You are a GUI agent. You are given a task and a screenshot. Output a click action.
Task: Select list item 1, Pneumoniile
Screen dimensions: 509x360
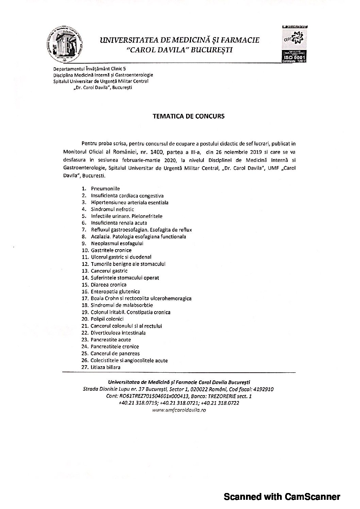pos(105,189)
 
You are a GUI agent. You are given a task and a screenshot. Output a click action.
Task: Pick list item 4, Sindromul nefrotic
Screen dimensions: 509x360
pos(112,209)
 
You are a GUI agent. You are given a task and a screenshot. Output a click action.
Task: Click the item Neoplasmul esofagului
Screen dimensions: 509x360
pos(117,243)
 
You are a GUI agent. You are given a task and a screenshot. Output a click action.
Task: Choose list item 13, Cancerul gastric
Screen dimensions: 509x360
pos(109,271)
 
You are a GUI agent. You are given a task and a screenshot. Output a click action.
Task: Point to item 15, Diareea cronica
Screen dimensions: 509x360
pos(109,285)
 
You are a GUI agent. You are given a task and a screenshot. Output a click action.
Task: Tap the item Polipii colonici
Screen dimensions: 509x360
pos(107,319)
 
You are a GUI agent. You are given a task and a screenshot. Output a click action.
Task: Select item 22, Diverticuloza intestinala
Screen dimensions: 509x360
pos(118,333)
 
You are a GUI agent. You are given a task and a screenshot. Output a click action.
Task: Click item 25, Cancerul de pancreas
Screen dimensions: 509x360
pos(115,354)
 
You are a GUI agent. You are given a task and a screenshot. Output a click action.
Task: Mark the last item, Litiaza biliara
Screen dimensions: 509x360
pos(105,367)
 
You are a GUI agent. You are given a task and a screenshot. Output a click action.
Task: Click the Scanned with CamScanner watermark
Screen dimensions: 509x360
pos(281,497)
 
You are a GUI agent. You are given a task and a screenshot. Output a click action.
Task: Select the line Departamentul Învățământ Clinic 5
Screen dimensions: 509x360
pos(89,69)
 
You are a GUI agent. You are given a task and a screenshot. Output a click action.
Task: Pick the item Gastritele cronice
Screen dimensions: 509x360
pos(111,250)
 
